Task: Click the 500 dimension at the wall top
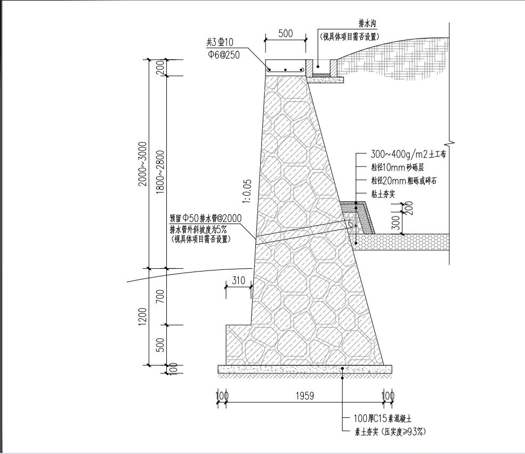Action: (x=286, y=33)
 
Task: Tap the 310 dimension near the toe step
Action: (x=238, y=281)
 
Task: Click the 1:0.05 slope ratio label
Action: (x=246, y=193)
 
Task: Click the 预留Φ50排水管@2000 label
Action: (x=205, y=218)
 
